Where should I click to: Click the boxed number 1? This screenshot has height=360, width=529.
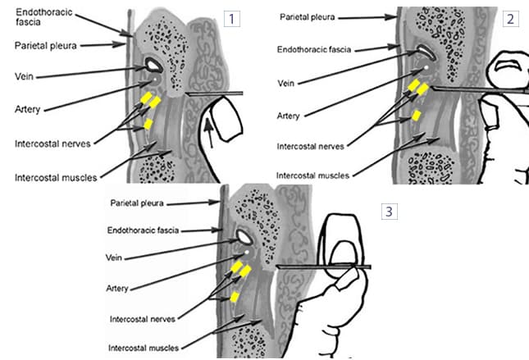coord(233,18)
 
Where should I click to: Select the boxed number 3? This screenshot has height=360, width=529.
coord(390,212)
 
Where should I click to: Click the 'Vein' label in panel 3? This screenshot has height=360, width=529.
coord(116,257)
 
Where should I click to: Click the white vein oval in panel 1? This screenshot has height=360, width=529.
coord(152,65)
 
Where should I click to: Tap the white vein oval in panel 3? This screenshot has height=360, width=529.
coord(244,238)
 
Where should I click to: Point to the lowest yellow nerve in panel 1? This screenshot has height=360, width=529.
coord(148,124)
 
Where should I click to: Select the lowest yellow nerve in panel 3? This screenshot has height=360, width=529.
coord(235,297)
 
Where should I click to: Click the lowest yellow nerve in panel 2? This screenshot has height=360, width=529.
coord(417,114)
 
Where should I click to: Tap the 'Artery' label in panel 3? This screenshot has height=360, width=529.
coord(121,288)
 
